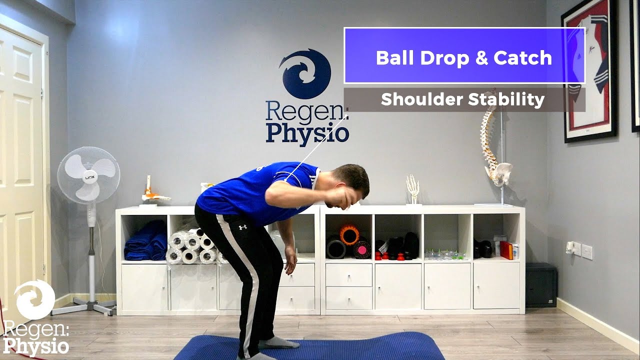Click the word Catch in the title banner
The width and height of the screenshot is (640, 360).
click(x=523, y=58)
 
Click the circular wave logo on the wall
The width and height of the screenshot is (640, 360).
click(x=305, y=73)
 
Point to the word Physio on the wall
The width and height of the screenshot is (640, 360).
click(x=307, y=134)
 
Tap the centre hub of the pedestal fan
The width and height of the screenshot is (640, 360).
click(x=88, y=175)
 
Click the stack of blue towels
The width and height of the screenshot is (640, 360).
click(x=145, y=242)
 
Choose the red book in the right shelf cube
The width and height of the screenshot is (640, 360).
click(x=507, y=250)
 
